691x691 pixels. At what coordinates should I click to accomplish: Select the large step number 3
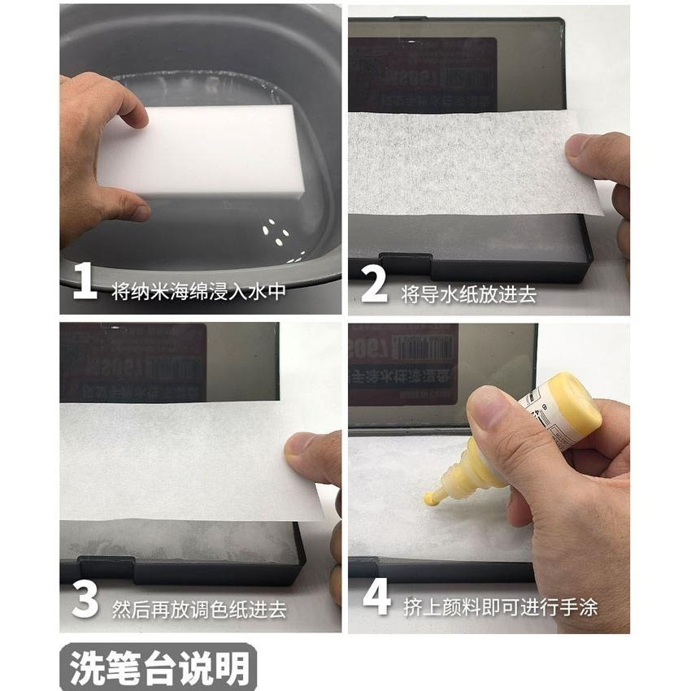tap(84, 601)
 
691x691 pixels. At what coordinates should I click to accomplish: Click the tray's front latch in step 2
tap(406, 262)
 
